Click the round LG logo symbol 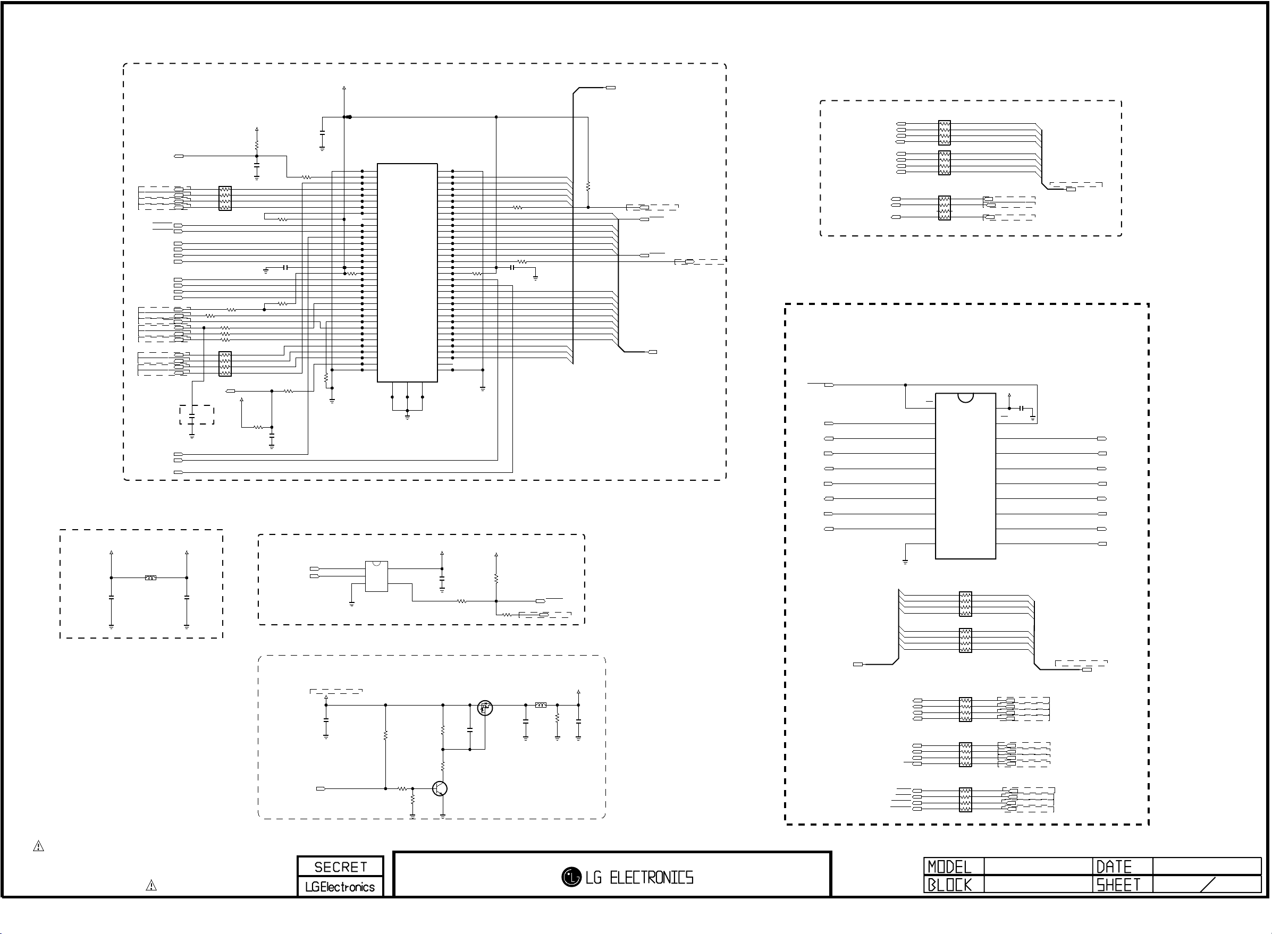[571, 877]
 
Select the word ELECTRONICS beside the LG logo [651, 878]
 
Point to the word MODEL [950, 867]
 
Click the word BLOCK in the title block [950, 885]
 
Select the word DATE [1114, 867]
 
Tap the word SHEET [1118, 885]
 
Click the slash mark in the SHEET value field [1208, 885]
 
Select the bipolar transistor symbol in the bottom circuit [440, 789]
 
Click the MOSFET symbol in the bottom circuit [485, 707]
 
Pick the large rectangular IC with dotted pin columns [407, 273]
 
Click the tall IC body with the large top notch [965, 476]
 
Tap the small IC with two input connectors [376, 576]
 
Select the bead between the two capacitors [150, 578]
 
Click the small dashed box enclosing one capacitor [197, 415]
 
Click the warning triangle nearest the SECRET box [151, 885]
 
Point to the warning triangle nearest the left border [38, 846]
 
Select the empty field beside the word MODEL [1038, 867]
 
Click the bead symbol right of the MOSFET [541, 705]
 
